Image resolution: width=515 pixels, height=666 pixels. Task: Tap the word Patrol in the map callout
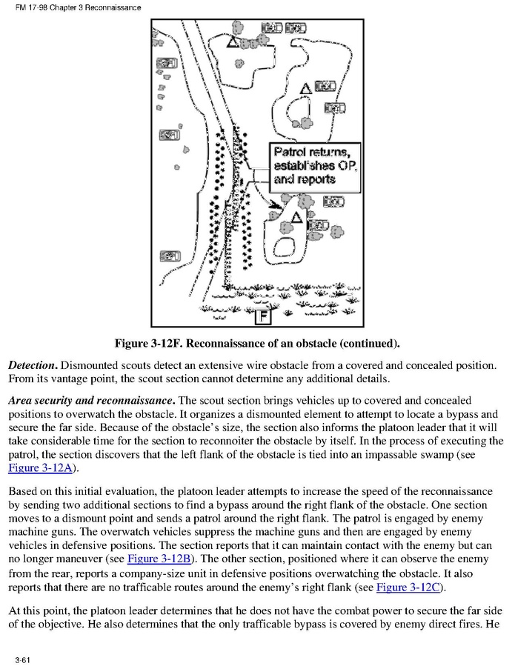click(290, 152)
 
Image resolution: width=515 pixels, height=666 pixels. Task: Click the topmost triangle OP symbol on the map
click(233, 42)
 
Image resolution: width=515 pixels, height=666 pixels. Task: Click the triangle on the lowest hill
click(296, 218)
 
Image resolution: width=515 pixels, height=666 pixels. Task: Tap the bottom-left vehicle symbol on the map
click(170, 256)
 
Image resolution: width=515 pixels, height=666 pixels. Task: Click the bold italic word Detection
click(32, 366)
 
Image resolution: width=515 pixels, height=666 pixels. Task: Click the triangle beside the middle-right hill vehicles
click(305, 89)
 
